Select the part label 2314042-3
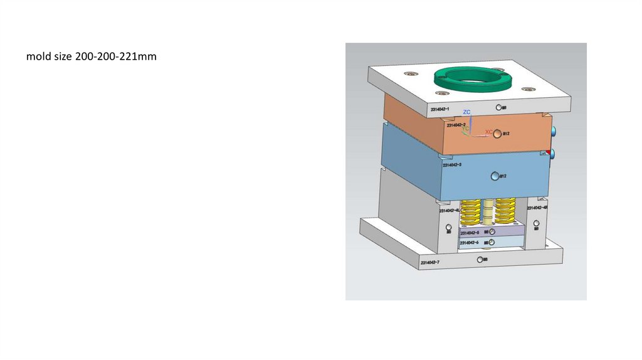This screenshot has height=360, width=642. (x=452, y=165)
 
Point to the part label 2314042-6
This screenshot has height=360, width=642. (x=470, y=243)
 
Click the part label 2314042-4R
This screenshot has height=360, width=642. (x=538, y=207)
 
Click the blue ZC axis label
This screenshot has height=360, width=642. (x=466, y=112)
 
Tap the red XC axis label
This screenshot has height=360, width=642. (x=489, y=132)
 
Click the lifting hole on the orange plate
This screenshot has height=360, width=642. (x=498, y=134)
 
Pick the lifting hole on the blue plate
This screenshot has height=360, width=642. (x=495, y=176)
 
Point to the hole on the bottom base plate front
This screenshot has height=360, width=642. (x=480, y=259)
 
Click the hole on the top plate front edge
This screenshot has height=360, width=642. (x=498, y=107)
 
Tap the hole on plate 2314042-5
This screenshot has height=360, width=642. (x=493, y=232)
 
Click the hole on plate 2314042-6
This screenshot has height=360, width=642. (x=493, y=242)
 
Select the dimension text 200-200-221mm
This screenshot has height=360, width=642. (x=115, y=57)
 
